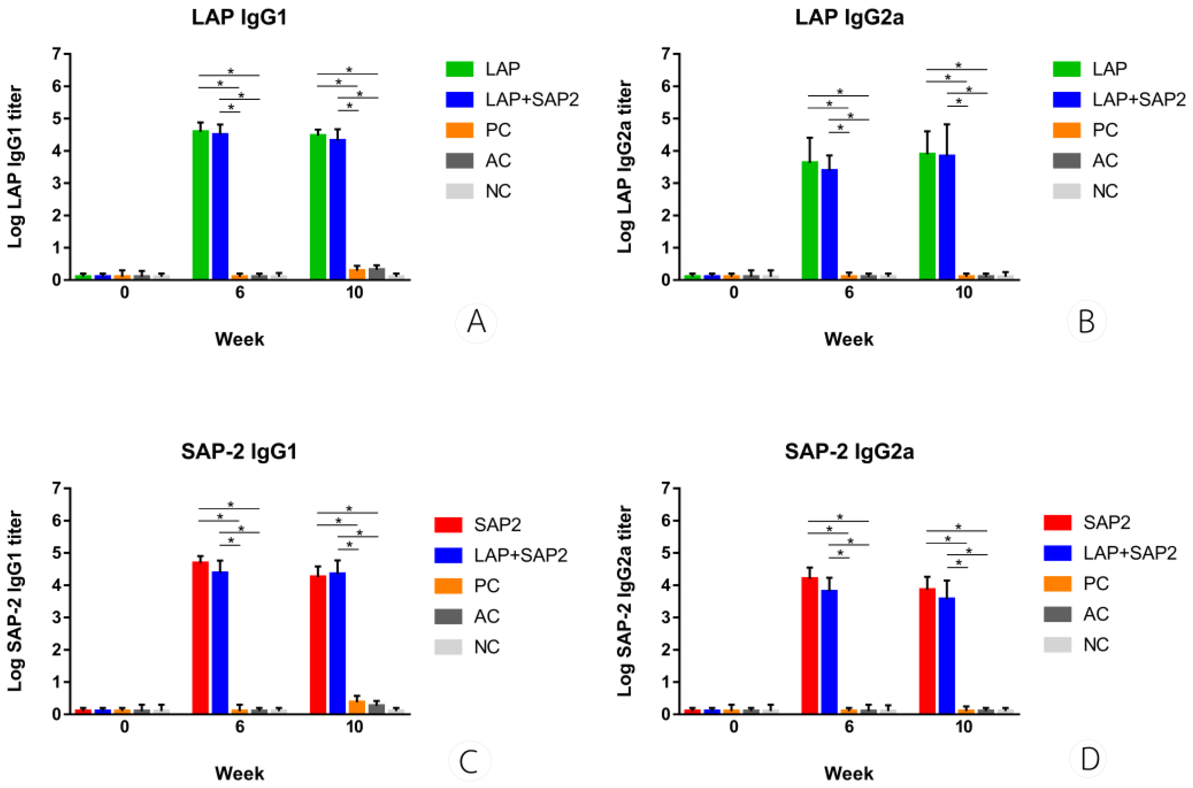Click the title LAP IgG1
pos(239,18)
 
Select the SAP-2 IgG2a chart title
pos(849,452)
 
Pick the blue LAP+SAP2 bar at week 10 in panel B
pos(947,217)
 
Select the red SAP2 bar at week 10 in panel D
pos(927,651)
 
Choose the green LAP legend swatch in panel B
pos(1066,69)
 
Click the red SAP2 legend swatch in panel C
pos(448,525)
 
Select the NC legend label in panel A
pos(498,191)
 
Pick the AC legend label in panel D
pos(1096,614)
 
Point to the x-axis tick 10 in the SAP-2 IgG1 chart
pos(355,727)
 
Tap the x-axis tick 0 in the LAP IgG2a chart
pos(734,292)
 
